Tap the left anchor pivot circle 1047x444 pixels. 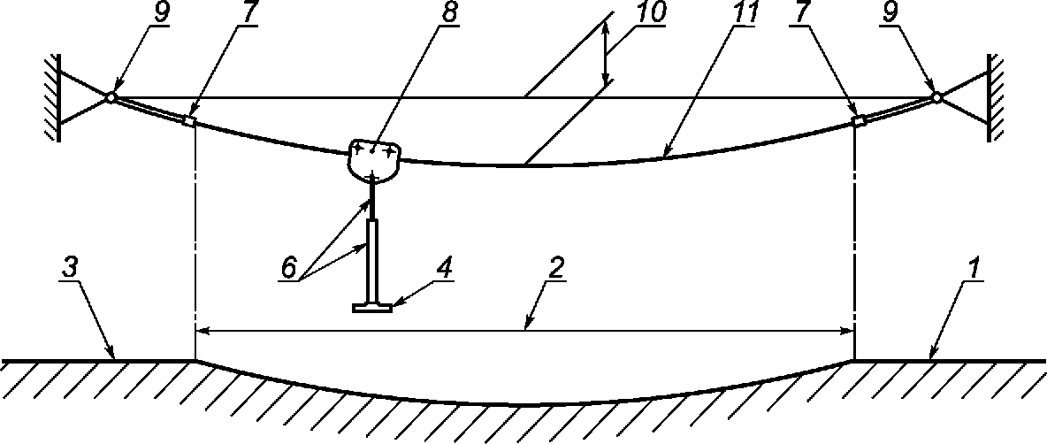pos(110,97)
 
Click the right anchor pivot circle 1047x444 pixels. pos(936,97)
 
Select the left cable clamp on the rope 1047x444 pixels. pos(188,120)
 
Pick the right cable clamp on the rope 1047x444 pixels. pos(857,120)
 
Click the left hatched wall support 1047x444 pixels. pos(52,97)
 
